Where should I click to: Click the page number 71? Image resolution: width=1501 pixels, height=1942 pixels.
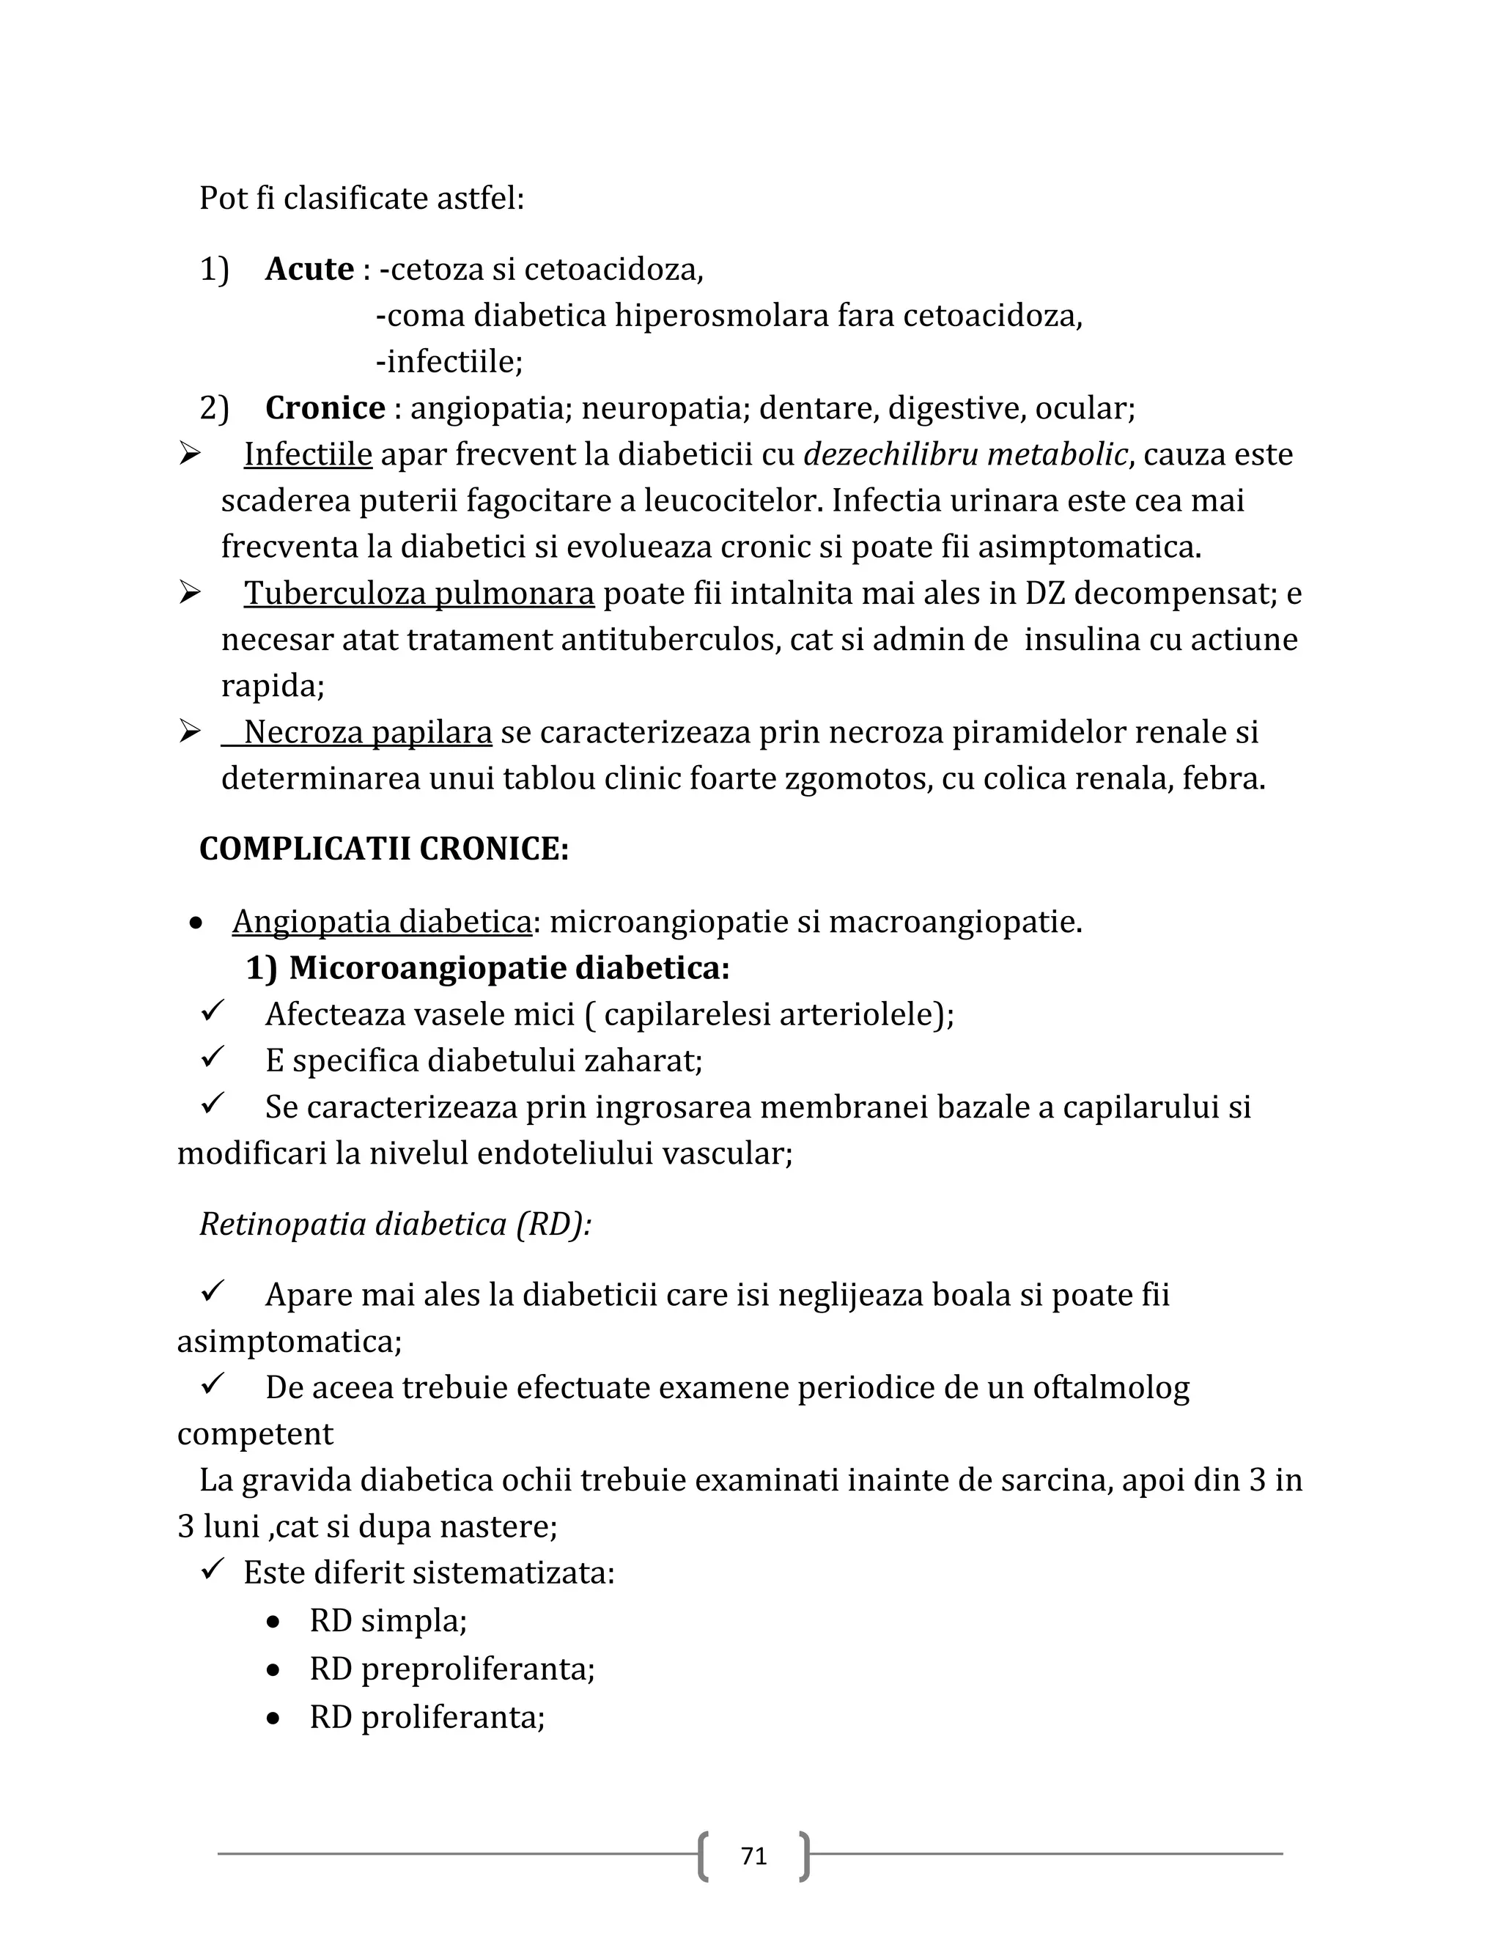click(x=753, y=1856)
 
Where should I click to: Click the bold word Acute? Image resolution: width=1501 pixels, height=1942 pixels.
click(x=309, y=268)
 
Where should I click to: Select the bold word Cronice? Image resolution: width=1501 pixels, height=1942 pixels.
click(x=325, y=408)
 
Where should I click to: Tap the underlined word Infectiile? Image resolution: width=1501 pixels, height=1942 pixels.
click(x=308, y=454)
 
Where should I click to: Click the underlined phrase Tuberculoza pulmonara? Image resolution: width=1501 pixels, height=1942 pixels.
click(x=418, y=593)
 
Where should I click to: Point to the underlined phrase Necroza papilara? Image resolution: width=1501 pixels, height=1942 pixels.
click(x=367, y=733)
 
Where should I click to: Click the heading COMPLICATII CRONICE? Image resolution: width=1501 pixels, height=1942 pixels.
click(x=383, y=849)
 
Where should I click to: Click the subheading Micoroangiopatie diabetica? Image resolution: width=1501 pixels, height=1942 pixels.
click(x=509, y=968)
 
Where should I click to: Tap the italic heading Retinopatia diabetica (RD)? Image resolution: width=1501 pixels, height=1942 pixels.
click(x=395, y=1225)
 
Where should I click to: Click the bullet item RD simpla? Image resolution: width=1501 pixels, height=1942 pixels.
click(x=388, y=1621)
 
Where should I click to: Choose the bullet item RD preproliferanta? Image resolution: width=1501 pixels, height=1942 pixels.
click(x=451, y=1669)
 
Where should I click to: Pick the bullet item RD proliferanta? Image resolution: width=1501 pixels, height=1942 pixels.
click(x=427, y=1717)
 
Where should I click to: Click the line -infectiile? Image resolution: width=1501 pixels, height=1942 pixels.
click(x=449, y=362)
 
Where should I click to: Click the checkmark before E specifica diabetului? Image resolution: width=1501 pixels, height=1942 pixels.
click(x=213, y=1057)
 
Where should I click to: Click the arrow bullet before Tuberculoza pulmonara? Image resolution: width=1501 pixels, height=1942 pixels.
click(x=189, y=591)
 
